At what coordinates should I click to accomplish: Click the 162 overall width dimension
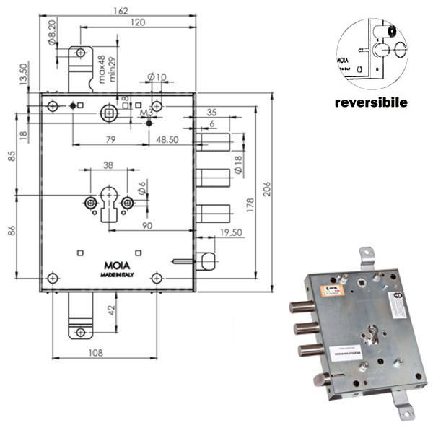(x=121, y=10)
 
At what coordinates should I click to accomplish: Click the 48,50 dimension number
(x=170, y=139)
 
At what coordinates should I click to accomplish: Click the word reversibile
(x=371, y=102)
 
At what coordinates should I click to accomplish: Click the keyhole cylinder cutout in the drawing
(x=108, y=204)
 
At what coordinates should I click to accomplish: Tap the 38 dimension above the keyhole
(x=108, y=165)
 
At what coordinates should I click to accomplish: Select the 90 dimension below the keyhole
(x=147, y=227)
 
